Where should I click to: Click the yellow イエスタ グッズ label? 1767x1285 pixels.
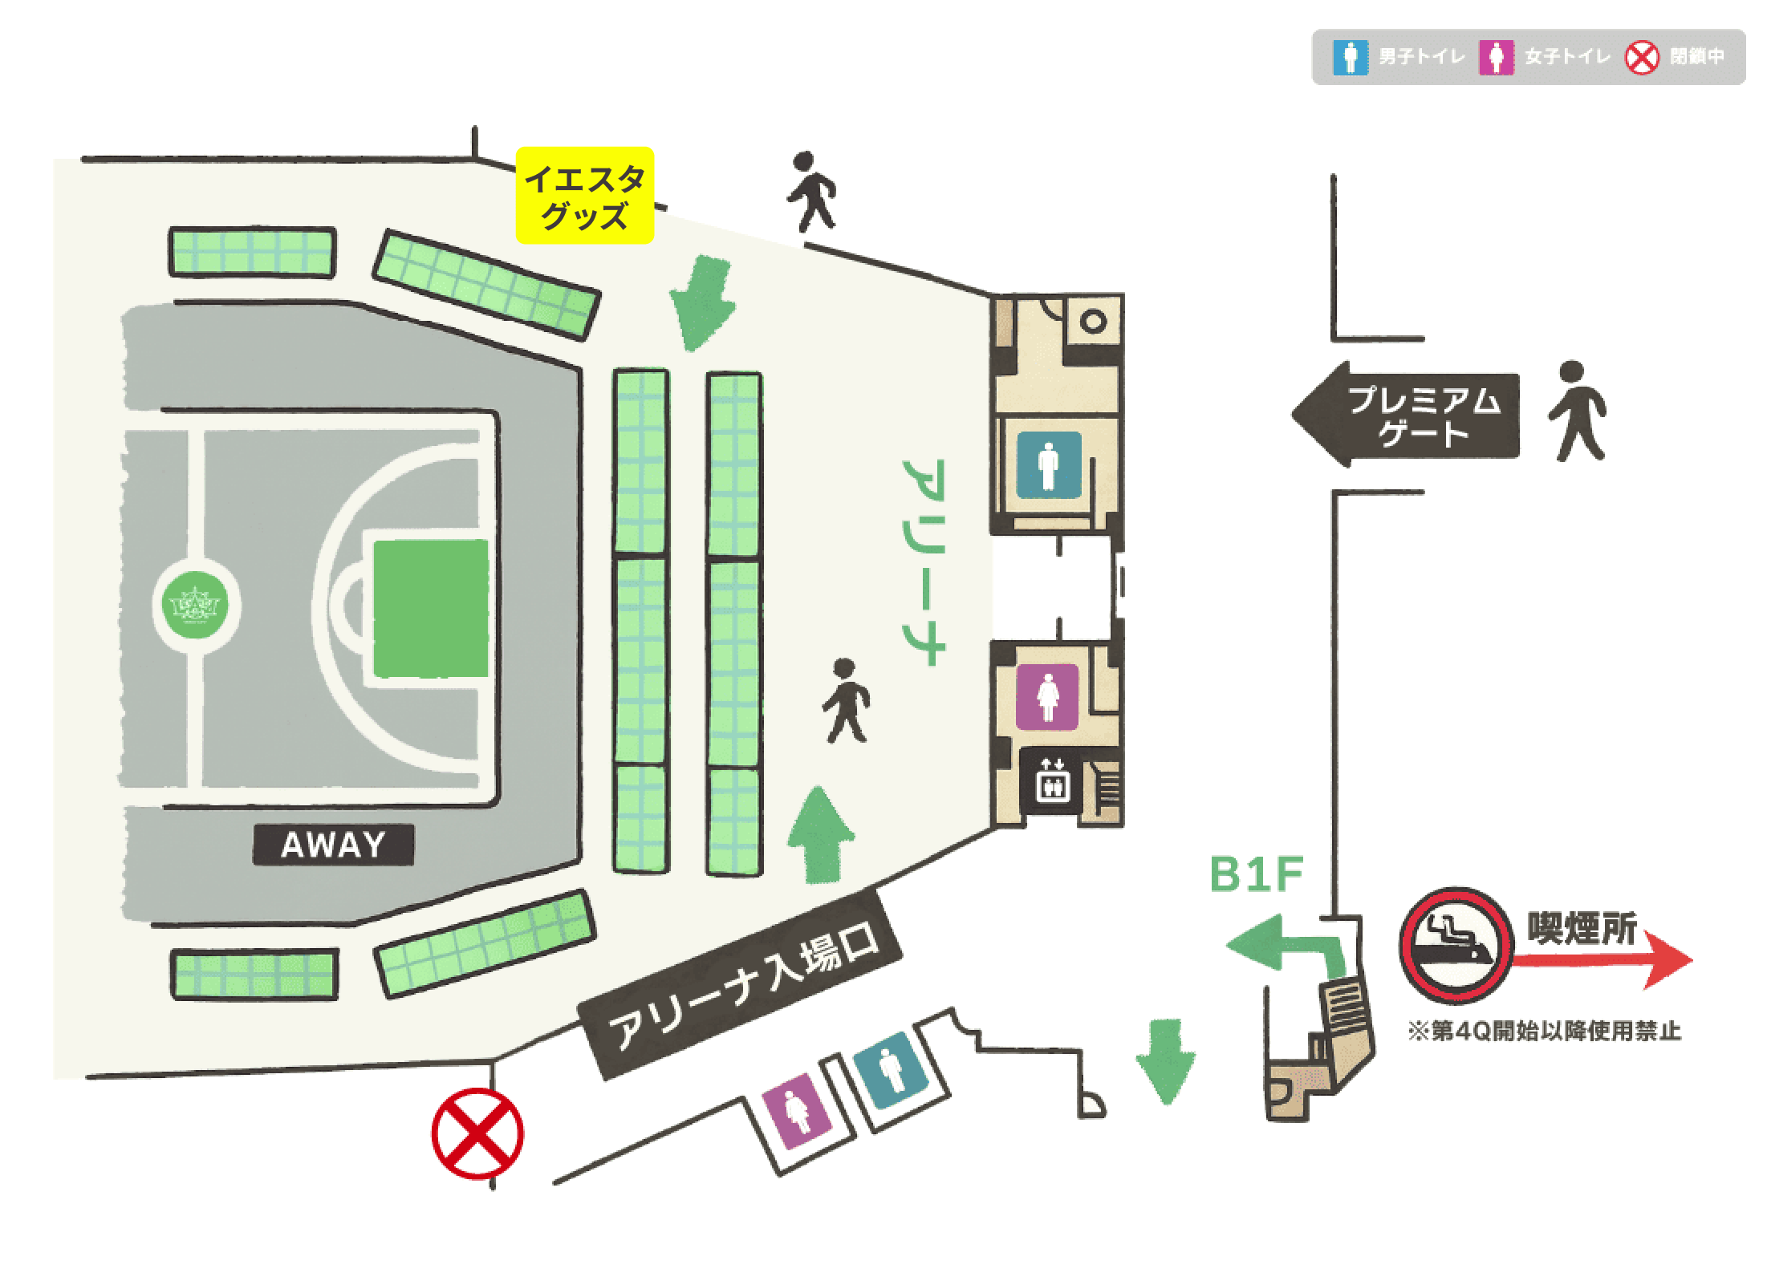point(584,196)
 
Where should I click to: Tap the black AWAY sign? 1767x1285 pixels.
point(333,845)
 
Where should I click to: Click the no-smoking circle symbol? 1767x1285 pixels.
point(1456,946)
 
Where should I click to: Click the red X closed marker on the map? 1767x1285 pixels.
point(477,1133)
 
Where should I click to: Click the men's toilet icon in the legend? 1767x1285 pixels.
point(1351,58)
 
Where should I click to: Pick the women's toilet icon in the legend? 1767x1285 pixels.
point(1497,58)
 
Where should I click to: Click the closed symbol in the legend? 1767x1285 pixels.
point(1642,58)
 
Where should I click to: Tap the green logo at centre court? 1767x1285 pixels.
point(196,603)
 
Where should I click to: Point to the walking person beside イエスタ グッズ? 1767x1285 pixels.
point(811,193)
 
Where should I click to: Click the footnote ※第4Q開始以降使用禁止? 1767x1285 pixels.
point(1545,1031)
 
